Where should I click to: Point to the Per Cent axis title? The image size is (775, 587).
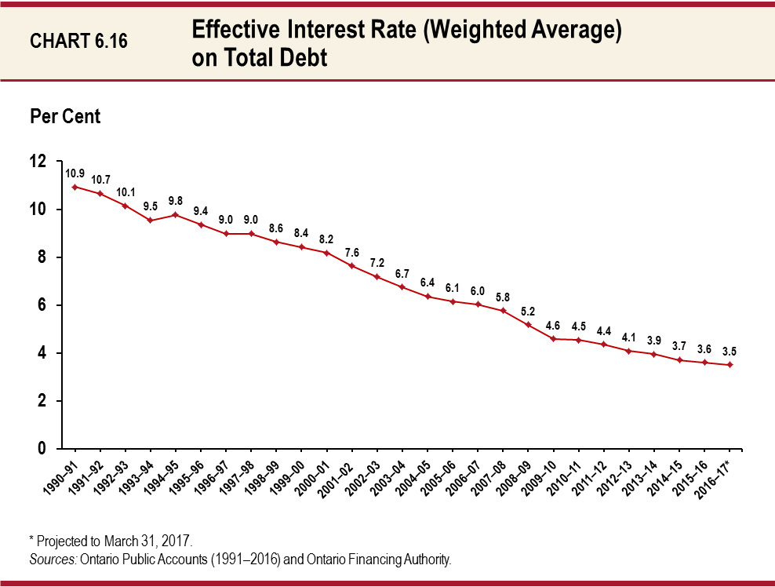tap(65, 116)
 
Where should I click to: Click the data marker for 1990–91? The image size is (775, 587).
tap(75, 187)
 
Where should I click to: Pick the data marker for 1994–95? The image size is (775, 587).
tap(175, 214)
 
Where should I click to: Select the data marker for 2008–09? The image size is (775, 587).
tap(528, 324)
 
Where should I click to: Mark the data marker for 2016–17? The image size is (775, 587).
tap(730, 364)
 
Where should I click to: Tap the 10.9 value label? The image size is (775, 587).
tap(75, 173)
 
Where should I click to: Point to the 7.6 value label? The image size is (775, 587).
tap(351, 252)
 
